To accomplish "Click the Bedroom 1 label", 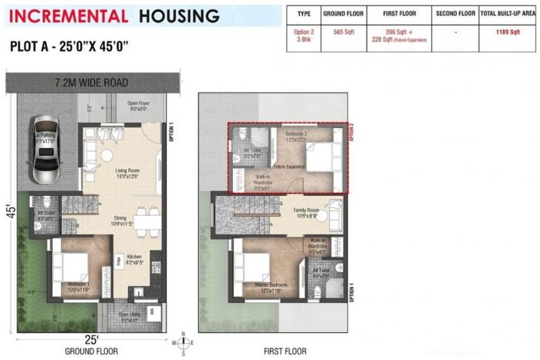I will pos(78,287).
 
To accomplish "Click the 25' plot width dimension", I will pos(91,339).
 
